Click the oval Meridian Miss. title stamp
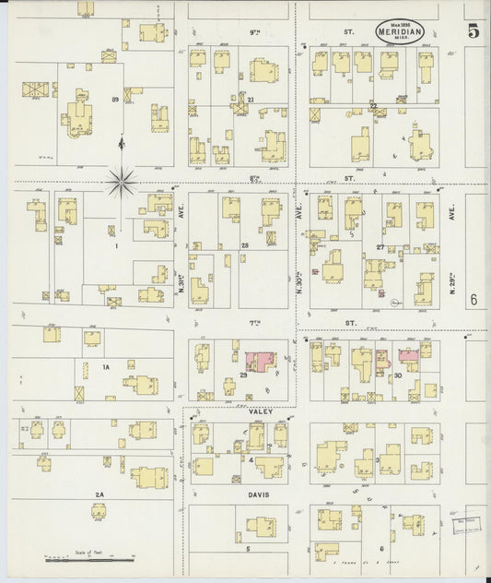click(x=400, y=31)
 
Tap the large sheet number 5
click(x=473, y=30)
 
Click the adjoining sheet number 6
click(x=473, y=299)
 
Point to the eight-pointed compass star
click(x=121, y=182)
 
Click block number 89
click(x=115, y=99)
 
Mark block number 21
click(x=250, y=99)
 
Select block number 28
click(x=245, y=245)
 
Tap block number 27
click(x=380, y=247)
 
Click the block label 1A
click(x=106, y=367)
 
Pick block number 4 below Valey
click(x=251, y=458)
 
